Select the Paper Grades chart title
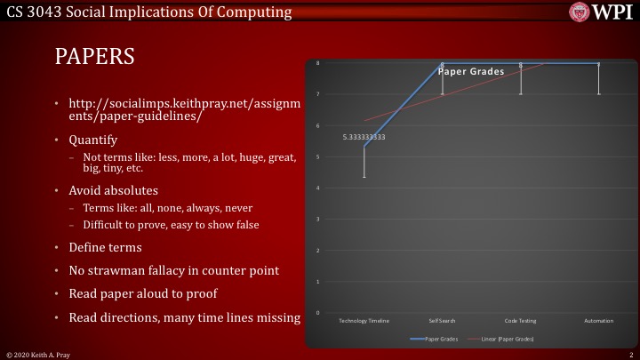(x=470, y=71)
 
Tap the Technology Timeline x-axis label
(x=364, y=320)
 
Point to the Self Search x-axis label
(x=442, y=320)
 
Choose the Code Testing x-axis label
(x=520, y=320)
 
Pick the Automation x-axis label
(x=598, y=320)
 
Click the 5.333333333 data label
(x=364, y=138)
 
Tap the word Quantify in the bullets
(x=93, y=140)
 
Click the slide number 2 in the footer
(x=629, y=354)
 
